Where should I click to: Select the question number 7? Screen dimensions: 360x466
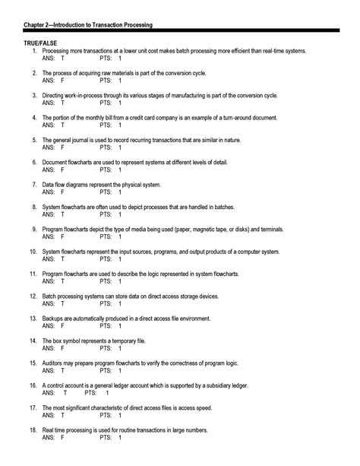[35, 185]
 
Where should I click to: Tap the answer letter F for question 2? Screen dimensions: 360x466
[62, 79]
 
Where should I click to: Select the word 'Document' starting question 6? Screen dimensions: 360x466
[58, 162]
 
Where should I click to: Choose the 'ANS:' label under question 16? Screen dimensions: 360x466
[49, 393]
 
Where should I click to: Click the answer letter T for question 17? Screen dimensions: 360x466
[62, 416]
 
